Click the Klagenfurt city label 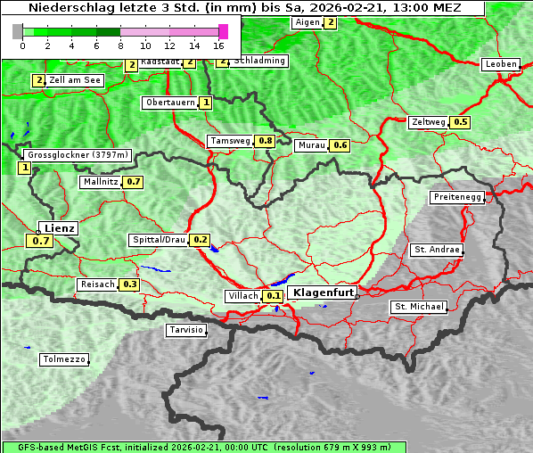click(324, 292)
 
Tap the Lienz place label click(59, 228)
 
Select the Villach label click(242, 296)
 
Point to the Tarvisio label click(186, 331)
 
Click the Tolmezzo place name click(64, 360)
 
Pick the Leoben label click(500, 64)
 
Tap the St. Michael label click(419, 307)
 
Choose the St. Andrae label click(437, 250)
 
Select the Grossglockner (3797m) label click(78, 155)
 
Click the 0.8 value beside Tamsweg click(265, 141)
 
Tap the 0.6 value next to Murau click(340, 145)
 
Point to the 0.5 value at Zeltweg click(461, 122)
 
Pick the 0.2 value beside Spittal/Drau click(201, 240)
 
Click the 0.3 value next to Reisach click(130, 284)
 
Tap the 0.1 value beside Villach click(275, 296)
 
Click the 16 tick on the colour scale click(219, 45)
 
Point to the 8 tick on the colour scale click(120, 45)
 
